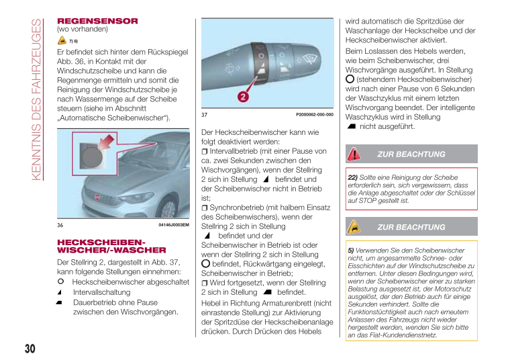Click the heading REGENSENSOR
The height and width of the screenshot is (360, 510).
pos(97,21)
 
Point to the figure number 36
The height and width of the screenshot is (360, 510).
pos(60,225)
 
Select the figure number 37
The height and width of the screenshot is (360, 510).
pos(204,115)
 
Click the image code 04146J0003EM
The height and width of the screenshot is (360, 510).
pos(174,225)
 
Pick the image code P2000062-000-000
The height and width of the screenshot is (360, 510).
pos(314,115)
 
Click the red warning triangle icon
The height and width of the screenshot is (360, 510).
pos(354,154)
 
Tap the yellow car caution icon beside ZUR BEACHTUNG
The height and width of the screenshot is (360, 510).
pos(354,227)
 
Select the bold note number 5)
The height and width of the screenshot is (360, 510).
pos(350,251)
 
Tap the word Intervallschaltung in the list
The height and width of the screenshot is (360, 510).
pos(101,293)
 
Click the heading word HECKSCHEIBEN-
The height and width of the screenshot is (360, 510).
pos(100,241)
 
